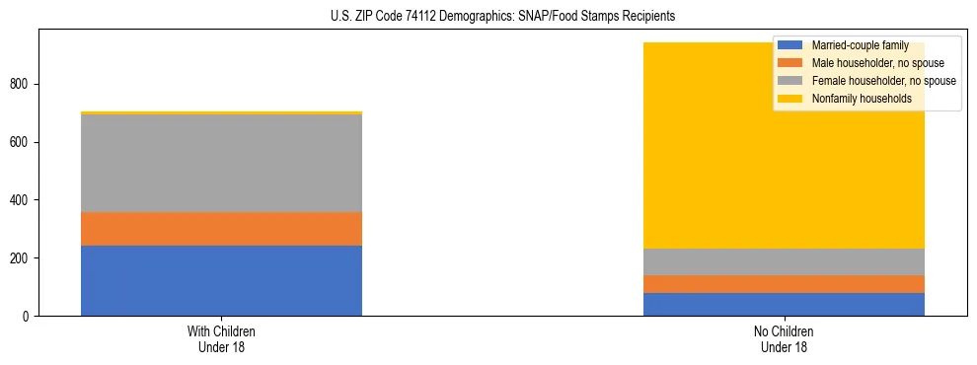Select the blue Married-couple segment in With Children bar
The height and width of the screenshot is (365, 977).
point(221,280)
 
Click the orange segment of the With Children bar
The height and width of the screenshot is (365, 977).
point(221,229)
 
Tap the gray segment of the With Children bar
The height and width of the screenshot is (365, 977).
point(221,163)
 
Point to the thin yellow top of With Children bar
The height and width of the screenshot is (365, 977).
point(221,112)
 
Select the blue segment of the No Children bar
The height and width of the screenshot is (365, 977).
point(784,304)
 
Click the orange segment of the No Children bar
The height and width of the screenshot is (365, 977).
point(784,284)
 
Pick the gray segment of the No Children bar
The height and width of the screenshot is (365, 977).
point(784,261)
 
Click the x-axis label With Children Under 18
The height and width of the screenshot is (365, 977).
point(221,339)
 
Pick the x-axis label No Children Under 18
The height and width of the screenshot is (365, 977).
point(784,339)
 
